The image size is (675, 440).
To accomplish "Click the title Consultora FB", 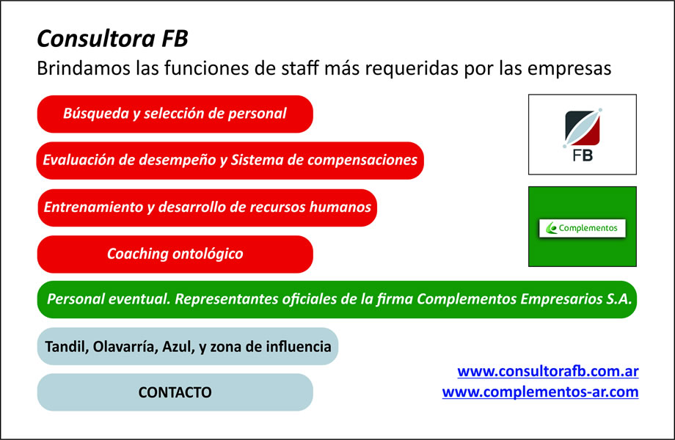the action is (112, 38).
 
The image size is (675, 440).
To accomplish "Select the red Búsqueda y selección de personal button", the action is (175, 114).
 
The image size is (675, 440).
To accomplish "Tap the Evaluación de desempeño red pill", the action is (230, 161).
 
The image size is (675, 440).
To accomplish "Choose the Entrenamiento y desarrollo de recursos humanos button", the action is (207, 208).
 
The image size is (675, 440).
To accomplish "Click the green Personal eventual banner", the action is (337, 299).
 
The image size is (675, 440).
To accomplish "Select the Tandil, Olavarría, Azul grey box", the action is (188, 346).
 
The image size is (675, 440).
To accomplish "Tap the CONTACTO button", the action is (175, 392).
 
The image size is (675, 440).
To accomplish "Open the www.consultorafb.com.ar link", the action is (547, 371).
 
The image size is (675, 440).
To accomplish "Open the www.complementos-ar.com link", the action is (540, 392).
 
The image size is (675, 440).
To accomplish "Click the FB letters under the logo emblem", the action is (583, 155).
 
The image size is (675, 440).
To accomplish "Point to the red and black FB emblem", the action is (583, 128).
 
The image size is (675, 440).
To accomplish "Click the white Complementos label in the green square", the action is (583, 228).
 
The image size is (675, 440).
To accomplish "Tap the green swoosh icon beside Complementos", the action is (552, 228).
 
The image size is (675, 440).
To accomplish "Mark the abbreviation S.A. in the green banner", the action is (619, 299).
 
